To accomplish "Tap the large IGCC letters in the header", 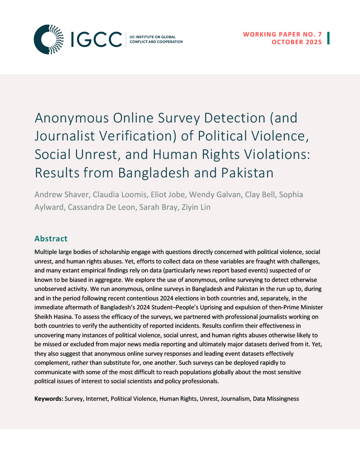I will [95, 39].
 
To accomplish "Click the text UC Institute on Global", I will [152, 36].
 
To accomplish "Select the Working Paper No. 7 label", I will [283, 34].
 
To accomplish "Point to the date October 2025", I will [297, 42].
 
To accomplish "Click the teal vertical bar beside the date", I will [328, 38].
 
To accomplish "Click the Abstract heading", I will [51, 239].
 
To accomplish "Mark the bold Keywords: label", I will [49, 398].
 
